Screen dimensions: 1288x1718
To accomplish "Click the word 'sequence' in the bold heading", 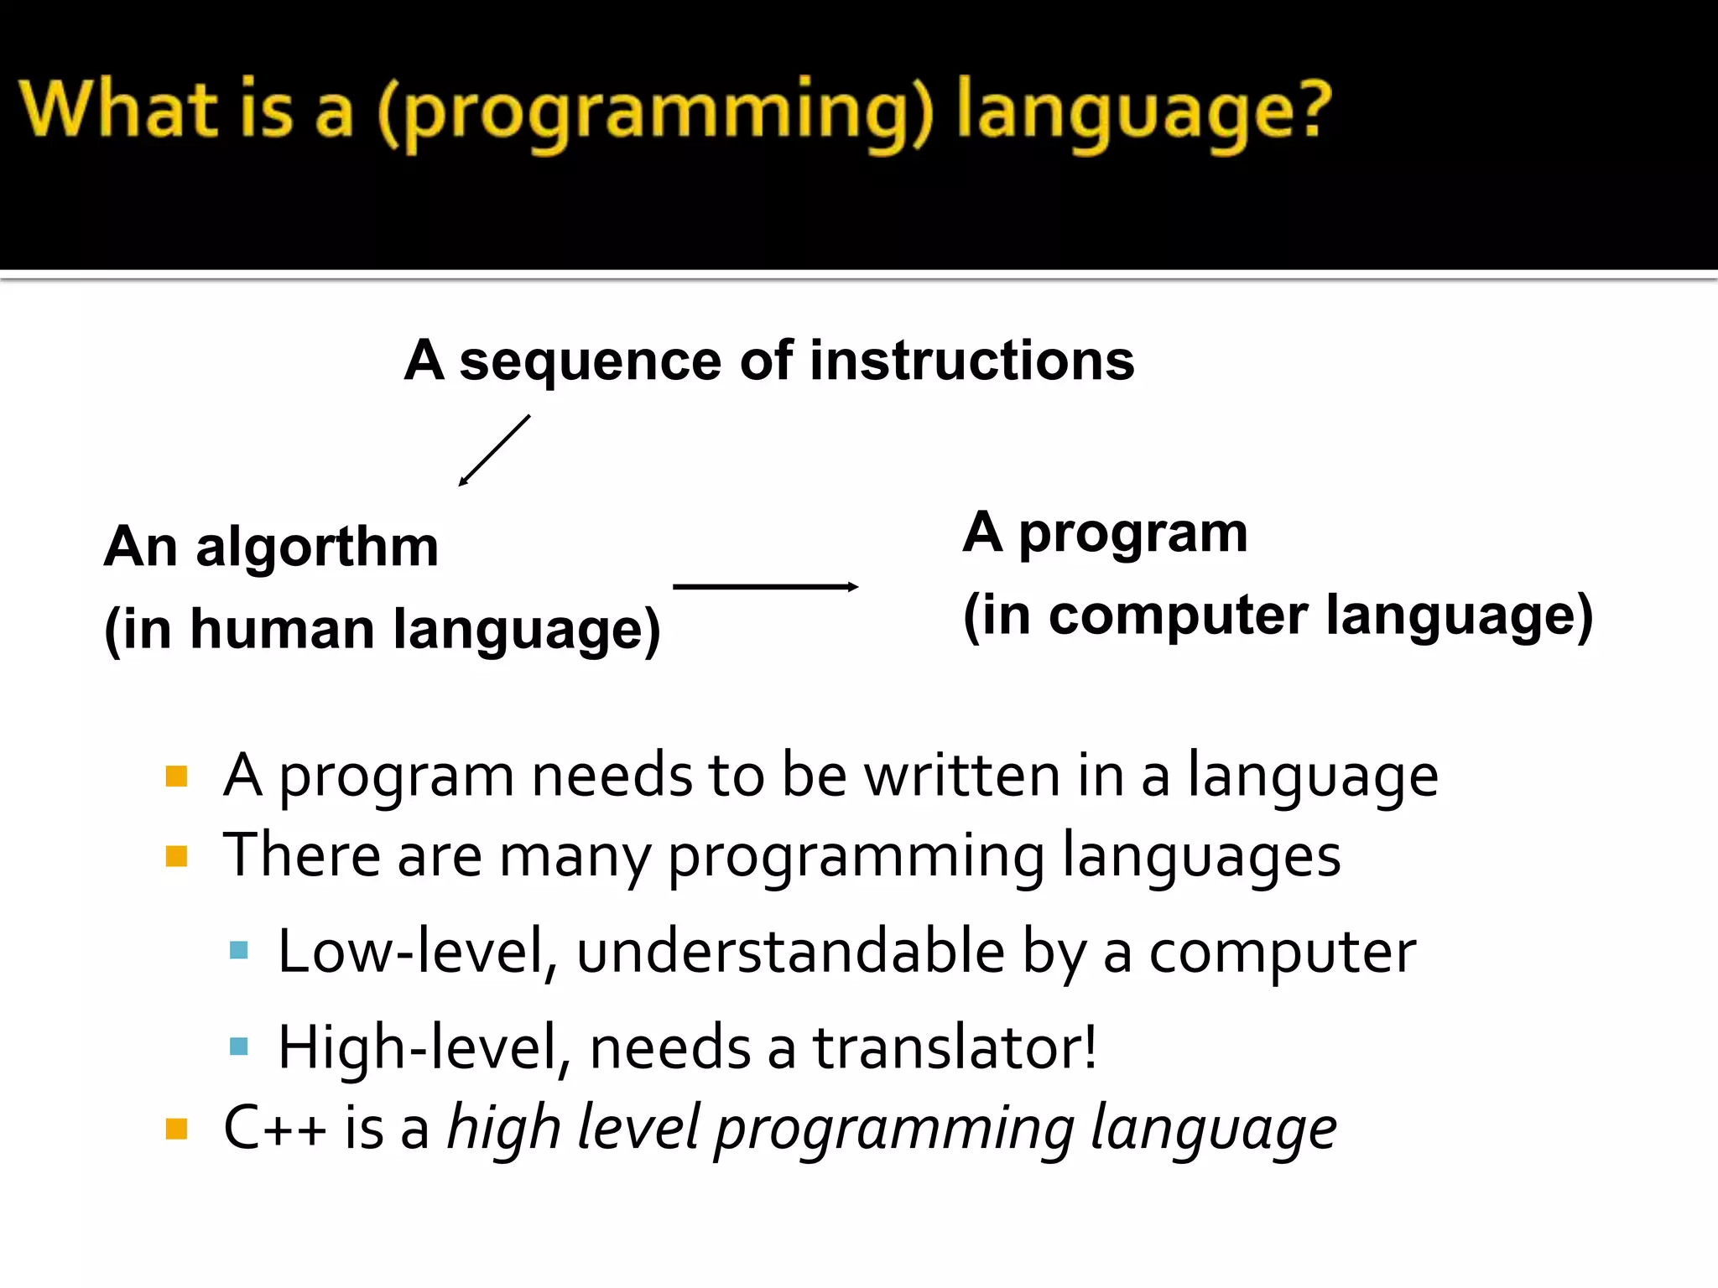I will click(590, 361).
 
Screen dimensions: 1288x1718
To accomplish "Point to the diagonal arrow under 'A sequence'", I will click(494, 450).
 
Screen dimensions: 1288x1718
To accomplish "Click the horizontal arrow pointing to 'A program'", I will click(765, 586).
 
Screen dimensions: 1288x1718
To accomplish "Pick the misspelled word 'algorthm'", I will click(317, 547).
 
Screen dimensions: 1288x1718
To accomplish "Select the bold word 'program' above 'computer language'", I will click(1132, 534).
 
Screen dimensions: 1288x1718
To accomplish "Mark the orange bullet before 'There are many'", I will click(176, 856).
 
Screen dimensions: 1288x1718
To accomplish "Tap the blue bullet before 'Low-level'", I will click(239, 950).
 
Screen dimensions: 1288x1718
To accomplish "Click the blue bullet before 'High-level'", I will click(239, 1046).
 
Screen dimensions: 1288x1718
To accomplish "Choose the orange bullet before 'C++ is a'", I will click(176, 1129).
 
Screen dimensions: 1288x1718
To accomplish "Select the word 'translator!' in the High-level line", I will click(955, 1047).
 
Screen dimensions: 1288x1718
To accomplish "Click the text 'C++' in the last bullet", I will click(274, 1128).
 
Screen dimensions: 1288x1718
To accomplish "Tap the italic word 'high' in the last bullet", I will click(503, 1129).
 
